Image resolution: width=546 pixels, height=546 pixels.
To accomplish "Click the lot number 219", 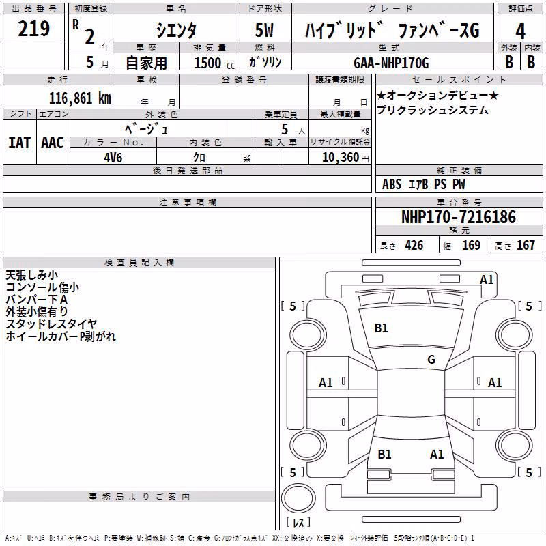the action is point(33,29).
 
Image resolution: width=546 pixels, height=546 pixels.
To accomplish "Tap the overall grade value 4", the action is point(520,31).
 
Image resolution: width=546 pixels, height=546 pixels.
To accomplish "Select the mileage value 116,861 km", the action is point(80,98).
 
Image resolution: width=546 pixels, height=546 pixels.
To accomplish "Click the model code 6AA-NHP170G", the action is point(391,63).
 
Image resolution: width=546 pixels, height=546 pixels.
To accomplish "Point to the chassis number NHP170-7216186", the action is point(459,217).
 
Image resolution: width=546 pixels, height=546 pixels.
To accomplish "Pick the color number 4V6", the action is point(113,158).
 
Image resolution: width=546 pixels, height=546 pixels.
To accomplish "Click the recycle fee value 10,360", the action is point(341,158).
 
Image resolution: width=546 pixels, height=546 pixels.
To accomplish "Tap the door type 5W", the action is point(264,30).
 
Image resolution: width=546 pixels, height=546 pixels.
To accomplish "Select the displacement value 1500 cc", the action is point(214,63).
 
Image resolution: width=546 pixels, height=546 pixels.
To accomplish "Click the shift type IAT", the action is point(20,143).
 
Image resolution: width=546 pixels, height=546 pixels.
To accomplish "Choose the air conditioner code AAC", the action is point(53,143).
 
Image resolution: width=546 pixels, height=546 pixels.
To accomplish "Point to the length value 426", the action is point(414,245).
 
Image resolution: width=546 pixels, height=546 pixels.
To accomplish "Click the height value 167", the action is point(526,245).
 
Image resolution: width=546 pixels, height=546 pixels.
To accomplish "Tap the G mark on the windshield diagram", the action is point(431,360).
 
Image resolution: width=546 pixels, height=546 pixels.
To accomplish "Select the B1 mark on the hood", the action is point(381,328).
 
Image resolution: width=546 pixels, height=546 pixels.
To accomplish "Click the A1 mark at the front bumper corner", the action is point(487,280).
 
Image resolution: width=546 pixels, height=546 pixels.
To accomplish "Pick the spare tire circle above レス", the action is point(298,498).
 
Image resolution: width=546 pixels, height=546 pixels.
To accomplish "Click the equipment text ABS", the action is point(392,184).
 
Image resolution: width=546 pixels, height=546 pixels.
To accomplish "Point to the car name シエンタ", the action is point(176,30).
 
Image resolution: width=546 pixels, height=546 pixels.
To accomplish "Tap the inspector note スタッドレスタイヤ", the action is point(51,324).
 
